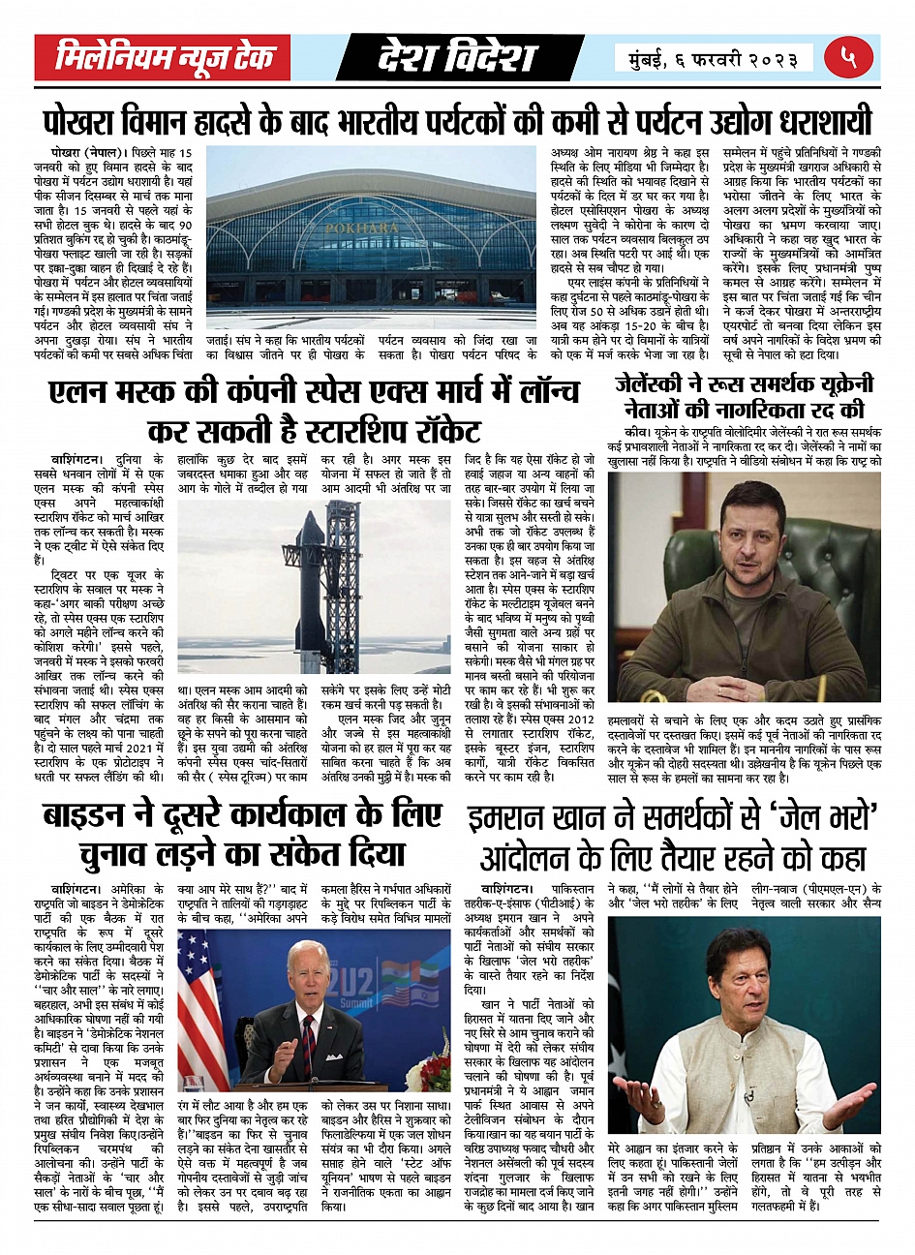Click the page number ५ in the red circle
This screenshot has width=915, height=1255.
coord(849,58)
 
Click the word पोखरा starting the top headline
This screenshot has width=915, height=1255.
coord(84,122)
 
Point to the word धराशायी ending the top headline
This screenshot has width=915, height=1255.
coord(819,122)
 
